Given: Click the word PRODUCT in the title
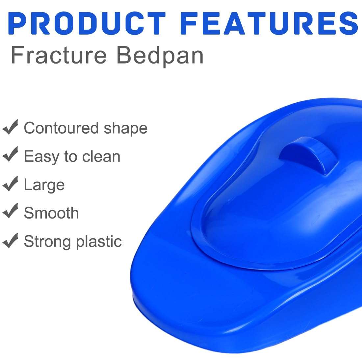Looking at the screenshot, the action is click(x=87, y=23).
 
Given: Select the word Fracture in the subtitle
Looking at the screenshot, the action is click(x=59, y=55).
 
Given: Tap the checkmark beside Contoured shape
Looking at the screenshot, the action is click(x=10, y=127).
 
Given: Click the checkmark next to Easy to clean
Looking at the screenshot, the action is click(x=10, y=154).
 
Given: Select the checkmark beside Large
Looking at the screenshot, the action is click(x=10, y=184).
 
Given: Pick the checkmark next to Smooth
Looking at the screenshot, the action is click(x=10, y=211).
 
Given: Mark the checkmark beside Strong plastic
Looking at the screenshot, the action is click(x=10, y=241).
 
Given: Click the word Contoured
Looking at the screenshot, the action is click(x=62, y=128).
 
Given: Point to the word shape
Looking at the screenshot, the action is click(x=126, y=129).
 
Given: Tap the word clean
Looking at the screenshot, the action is click(x=101, y=157).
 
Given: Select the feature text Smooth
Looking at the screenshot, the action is click(x=51, y=213).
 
